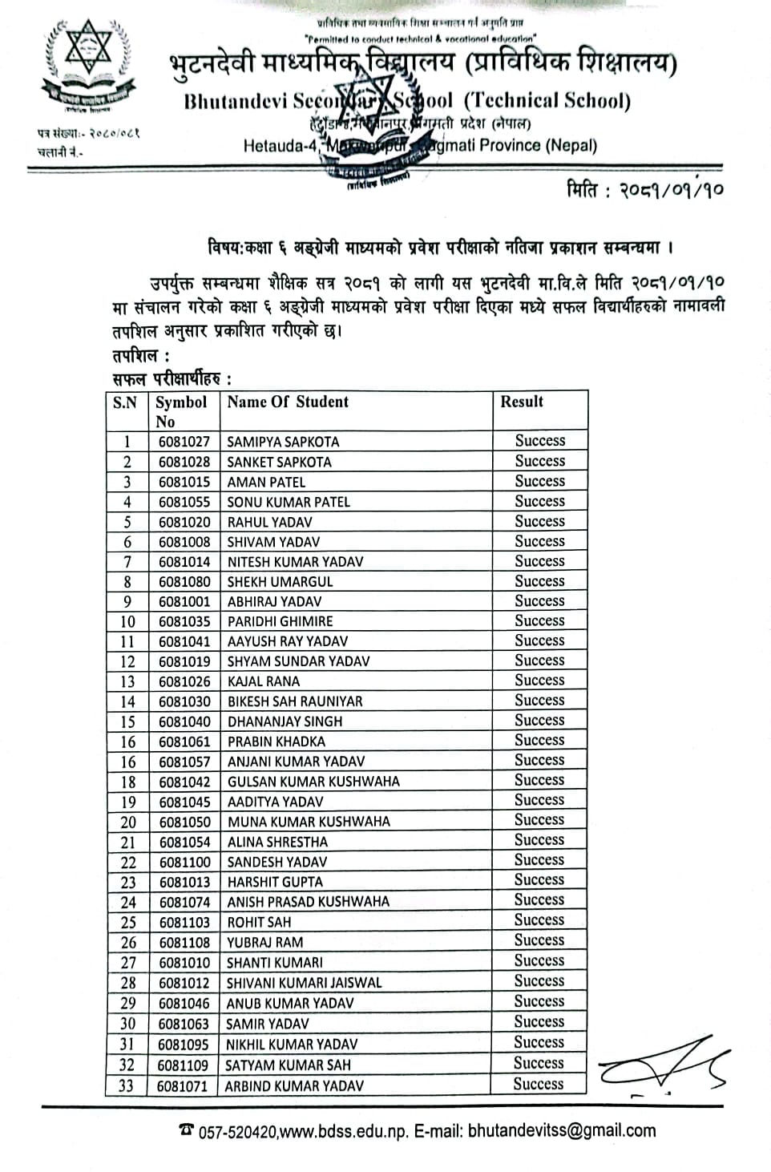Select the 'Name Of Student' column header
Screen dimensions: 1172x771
point(288,402)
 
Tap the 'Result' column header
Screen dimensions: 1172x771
point(522,402)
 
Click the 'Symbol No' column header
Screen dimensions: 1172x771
point(180,411)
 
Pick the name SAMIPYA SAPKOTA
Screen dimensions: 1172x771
point(283,442)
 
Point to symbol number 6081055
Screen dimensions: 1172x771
point(184,502)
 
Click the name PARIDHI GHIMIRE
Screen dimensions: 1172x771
point(280,621)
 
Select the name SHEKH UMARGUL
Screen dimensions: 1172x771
point(280,582)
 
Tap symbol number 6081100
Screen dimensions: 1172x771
point(184,863)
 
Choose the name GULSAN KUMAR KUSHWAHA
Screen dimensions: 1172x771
point(313,782)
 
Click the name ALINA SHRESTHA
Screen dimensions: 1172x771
point(277,842)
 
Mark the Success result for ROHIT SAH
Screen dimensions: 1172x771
point(539,920)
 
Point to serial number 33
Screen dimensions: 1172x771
point(127,1086)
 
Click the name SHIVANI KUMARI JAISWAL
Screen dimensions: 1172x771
point(305,983)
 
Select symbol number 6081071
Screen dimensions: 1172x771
point(183,1086)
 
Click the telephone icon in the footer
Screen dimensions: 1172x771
point(187,1130)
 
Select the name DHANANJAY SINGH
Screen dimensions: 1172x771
point(285,721)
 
